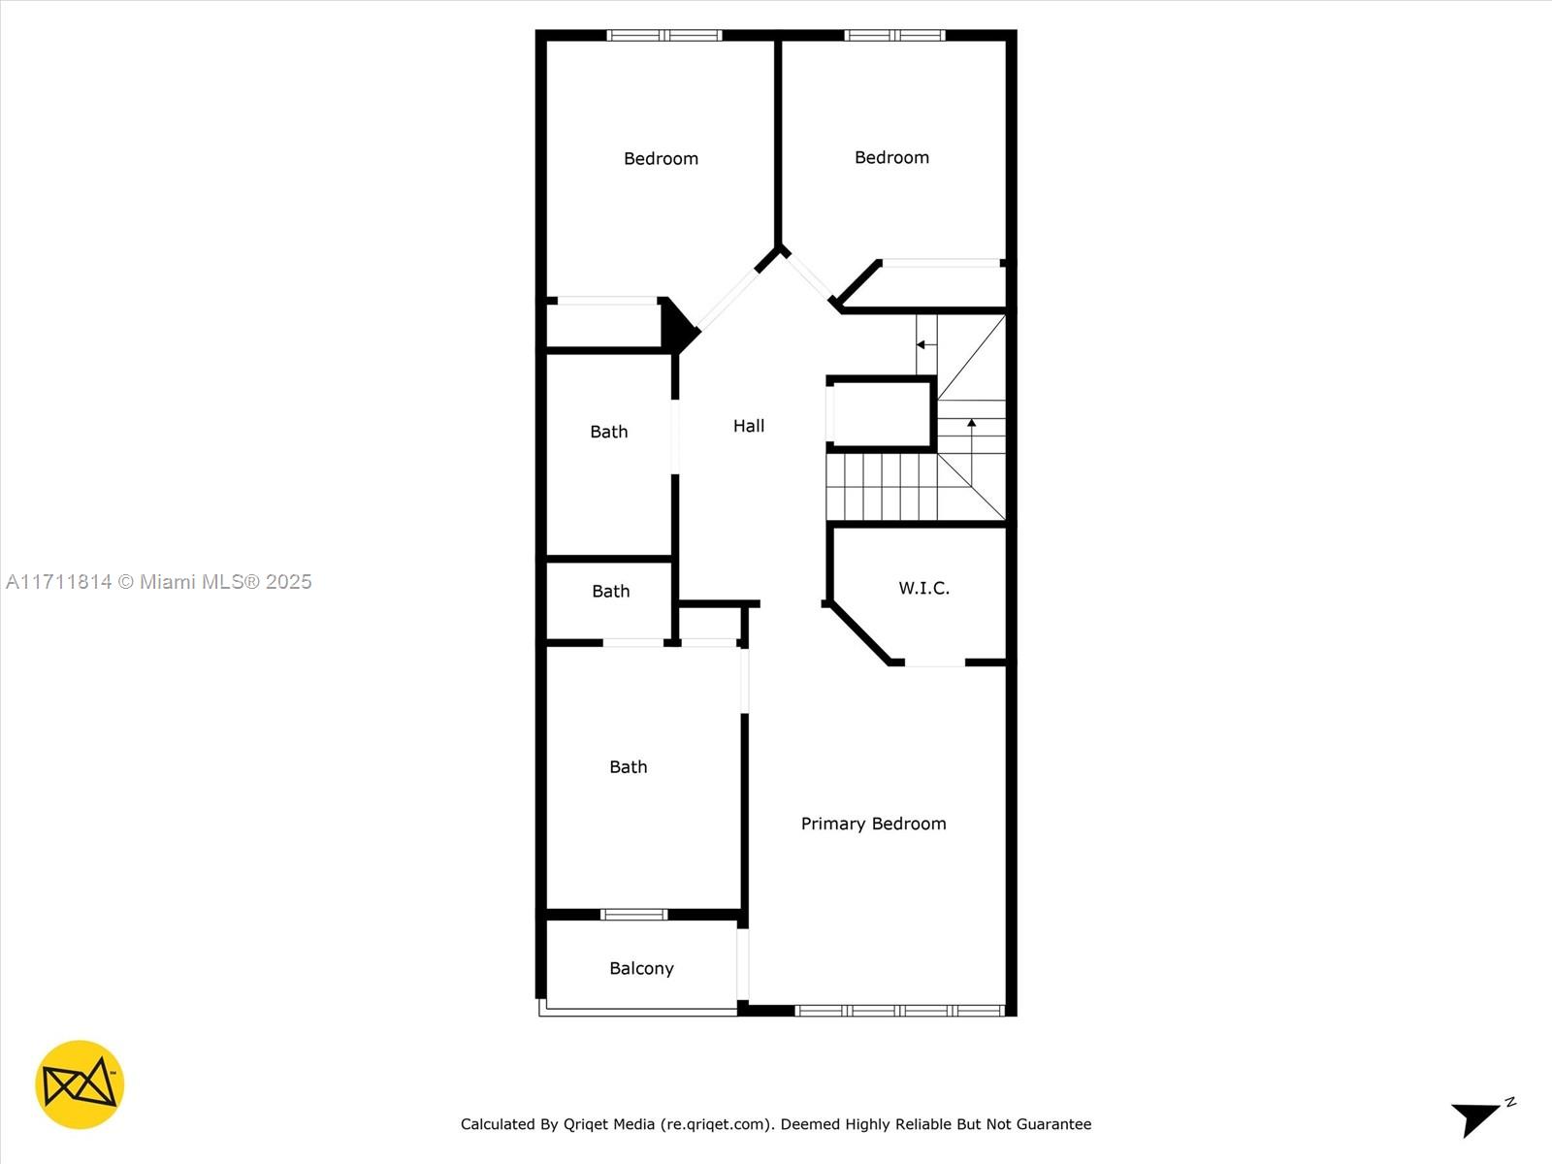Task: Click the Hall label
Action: tap(749, 426)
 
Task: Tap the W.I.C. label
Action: tap(923, 588)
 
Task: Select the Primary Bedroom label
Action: tap(873, 824)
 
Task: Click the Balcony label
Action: tap(641, 968)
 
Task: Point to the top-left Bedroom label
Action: tap(661, 158)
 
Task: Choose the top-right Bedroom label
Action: tap(891, 157)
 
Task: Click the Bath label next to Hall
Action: tap(609, 432)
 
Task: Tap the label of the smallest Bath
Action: tap(611, 591)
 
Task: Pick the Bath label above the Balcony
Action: tap(629, 766)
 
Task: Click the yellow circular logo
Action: tap(80, 1084)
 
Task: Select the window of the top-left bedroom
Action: tap(664, 36)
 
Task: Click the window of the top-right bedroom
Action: tap(894, 36)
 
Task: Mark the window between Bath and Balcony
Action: tap(634, 915)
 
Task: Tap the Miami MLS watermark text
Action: tap(159, 582)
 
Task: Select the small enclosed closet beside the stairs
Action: tap(881, 414)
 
